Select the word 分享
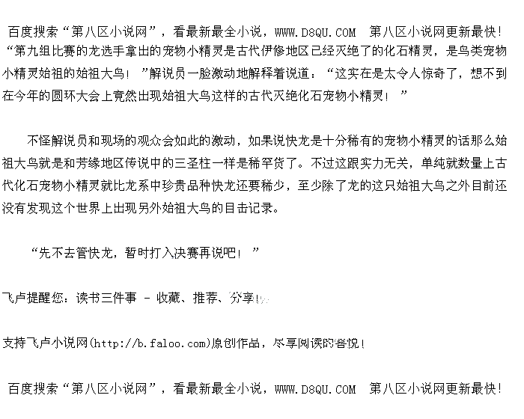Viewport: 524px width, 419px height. pos(242,299)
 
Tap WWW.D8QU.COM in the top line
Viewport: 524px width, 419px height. pos(315,32)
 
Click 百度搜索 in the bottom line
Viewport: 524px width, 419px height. pos(32,389)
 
